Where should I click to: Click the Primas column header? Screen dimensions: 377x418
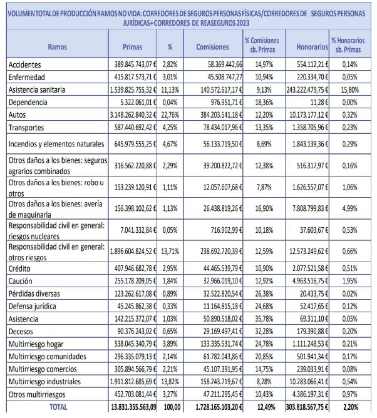[132, 47]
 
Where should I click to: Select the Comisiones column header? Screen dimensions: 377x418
[212, 47]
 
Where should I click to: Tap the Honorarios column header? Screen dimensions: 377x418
[312, 47]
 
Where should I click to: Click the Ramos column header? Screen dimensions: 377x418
[57, 47]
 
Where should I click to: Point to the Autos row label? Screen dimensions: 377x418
[17, 115]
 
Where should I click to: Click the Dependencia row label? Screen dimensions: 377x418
[28, 103]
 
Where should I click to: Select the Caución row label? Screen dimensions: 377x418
[20, 281]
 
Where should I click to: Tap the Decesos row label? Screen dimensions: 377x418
[21, 332]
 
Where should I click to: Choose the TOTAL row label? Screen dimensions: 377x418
[58, 407]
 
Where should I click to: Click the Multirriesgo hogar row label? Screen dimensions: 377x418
[36, 344]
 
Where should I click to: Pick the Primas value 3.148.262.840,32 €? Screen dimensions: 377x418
[133, 115]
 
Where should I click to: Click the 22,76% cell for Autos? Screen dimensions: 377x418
[170, 115]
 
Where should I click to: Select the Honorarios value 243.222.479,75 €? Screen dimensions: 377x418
[307, 90]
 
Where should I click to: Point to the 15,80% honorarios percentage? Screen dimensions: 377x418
[350, 90]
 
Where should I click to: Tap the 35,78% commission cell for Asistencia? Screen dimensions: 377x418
[264, 319]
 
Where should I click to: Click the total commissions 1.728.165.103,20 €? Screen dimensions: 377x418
[219, 407]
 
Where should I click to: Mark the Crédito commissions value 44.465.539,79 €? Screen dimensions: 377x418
[223, 268]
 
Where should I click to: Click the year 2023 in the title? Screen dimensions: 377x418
[242, 23]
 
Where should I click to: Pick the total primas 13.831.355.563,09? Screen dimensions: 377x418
[133, 407]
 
